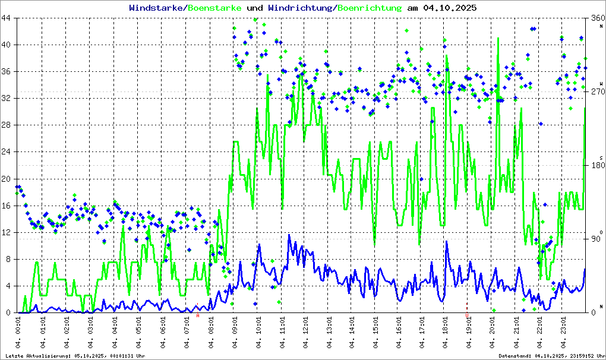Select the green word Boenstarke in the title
(214, 8)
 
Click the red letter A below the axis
(198, 315)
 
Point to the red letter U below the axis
(467, 315)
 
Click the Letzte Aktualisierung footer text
(74, 356)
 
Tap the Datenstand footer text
(551, 356)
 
